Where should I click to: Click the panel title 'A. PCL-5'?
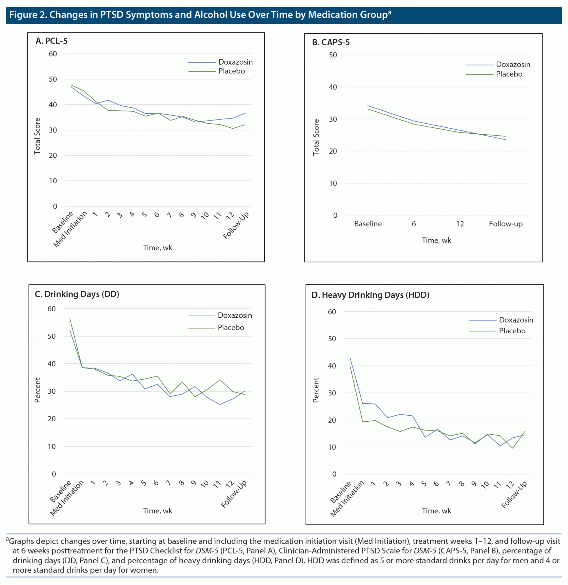click(51, 41)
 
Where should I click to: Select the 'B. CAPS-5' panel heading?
click(331, 42)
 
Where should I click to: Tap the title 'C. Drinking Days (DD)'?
click(77, 294)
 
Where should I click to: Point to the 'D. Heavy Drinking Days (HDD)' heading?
click(370, 295)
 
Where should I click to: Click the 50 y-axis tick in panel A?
click(53, 79)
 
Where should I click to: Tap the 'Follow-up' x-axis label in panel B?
click(506, 224)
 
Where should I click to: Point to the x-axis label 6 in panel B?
click(414, 224)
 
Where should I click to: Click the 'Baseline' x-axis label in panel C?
click(61, 492)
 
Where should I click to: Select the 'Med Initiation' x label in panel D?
click(347, 498)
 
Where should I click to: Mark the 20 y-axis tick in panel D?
click(332, 420)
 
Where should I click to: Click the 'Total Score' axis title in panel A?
click(37, 136)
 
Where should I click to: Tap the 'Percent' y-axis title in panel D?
click(316, 390)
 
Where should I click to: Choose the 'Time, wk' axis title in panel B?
click(436, 241)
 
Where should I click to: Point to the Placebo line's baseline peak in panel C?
click(70, 318)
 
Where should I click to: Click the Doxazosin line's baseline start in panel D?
click(350, 358)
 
